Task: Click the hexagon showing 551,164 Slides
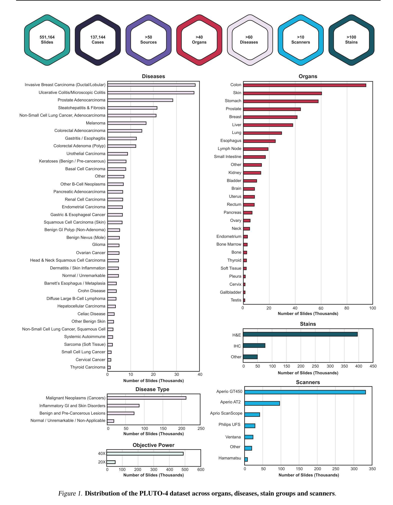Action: click(47, 40)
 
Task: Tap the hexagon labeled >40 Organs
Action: click(199, 40)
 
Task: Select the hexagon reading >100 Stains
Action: click(351, 40)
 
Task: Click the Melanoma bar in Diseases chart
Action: click(127, 123)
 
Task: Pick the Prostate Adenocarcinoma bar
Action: click(140, 100)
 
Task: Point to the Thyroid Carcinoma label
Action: click(88, 367)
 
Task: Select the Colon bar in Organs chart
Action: click(304, 85)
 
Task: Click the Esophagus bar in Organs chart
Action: click(259, 141)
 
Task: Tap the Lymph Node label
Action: click(229, 149)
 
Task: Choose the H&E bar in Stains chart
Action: click(300, 334)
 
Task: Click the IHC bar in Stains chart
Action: click(254, 346)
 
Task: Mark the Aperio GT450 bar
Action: click(305, 392)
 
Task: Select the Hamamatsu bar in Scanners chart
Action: click(246, 459)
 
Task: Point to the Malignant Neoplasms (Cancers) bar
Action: click(146, 398)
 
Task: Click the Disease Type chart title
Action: click(152, 389)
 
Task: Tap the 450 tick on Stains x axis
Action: click(373, 366)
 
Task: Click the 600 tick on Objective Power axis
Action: click(201, 470)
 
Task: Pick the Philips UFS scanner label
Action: click(229, 425)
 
